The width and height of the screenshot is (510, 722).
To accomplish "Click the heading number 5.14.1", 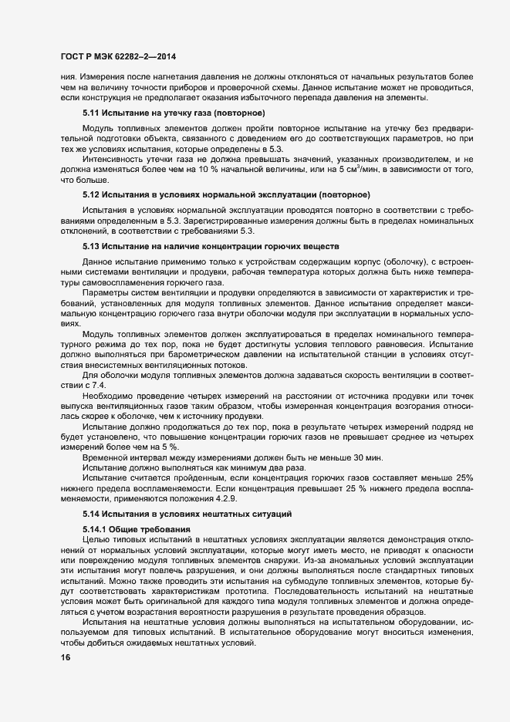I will pos(96,528).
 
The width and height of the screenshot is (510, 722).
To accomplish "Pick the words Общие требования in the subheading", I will pos(151,528).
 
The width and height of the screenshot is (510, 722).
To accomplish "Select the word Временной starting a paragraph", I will pos(105,457).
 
